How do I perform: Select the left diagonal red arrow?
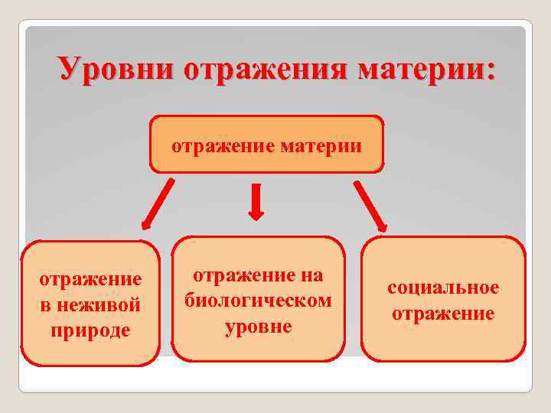click(158, 203)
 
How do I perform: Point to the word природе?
click(90, 330)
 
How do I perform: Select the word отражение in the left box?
click(90, 281)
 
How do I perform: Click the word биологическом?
click(259, 301)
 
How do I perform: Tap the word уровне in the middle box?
click(259, 326)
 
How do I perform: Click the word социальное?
click(443, 288)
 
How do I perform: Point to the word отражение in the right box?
click(443, 314)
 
